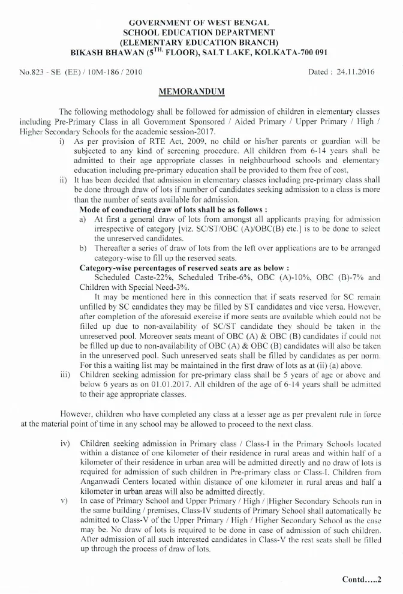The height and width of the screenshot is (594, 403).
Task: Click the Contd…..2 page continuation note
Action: [362, 580]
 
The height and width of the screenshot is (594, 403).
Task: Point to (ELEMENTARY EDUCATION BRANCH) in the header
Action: [199, 42]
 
